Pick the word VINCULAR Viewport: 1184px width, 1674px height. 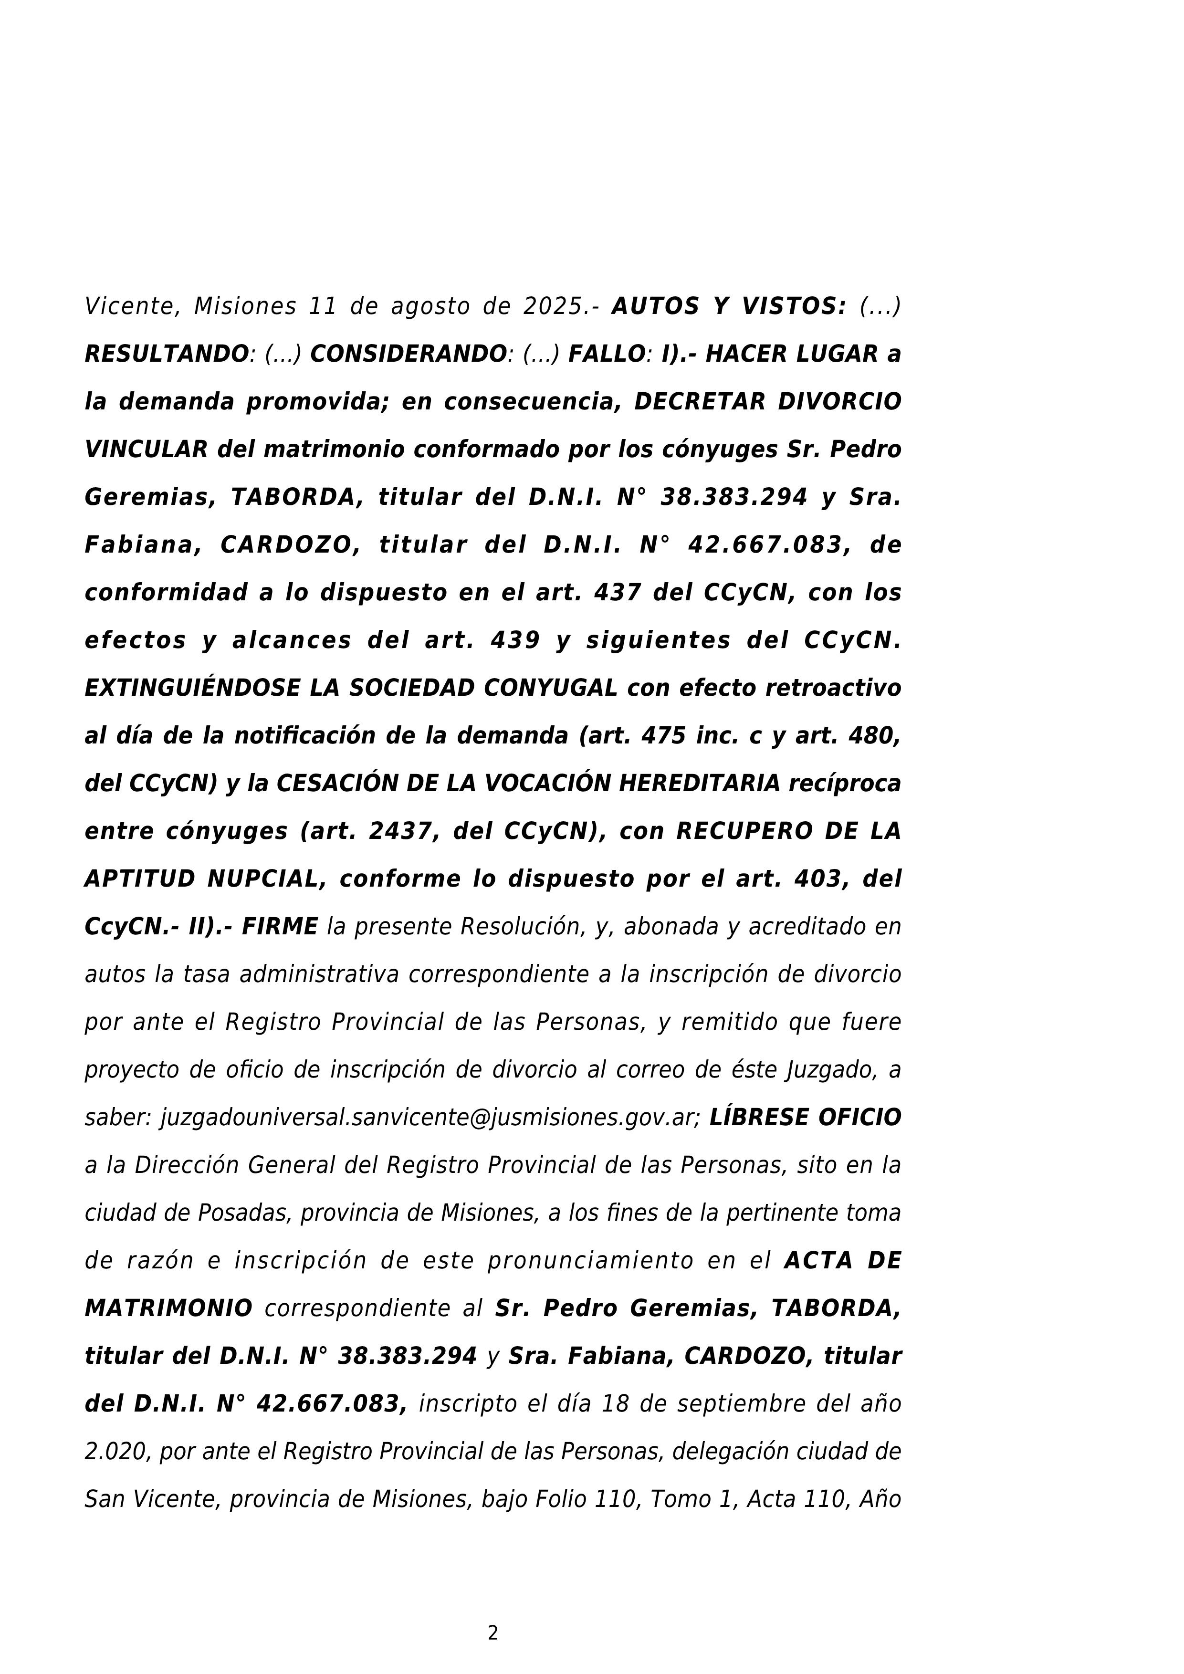[146, 450]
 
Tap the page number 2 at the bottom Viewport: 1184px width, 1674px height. [493, 1633]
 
